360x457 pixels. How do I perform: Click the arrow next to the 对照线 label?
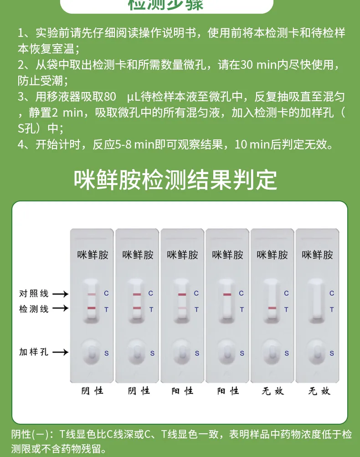[60, 293]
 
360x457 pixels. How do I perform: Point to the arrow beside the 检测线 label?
[60, 309]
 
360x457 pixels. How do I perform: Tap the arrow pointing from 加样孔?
[60, 352]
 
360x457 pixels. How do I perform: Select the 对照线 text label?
[34, 293]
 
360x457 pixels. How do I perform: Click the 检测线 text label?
[34, 309]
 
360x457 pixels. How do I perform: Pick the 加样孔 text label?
[34, 352]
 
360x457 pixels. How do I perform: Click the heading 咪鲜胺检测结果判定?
[175, 180]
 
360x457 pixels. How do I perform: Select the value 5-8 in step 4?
[122, 145]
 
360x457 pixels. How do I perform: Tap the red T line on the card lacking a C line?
[272, 308]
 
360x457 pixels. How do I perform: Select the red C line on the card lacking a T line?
[227, 294]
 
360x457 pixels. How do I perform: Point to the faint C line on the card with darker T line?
[92, 295]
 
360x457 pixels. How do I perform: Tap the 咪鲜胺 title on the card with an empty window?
[317, 255]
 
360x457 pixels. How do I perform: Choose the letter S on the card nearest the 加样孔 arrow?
[107, 353]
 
